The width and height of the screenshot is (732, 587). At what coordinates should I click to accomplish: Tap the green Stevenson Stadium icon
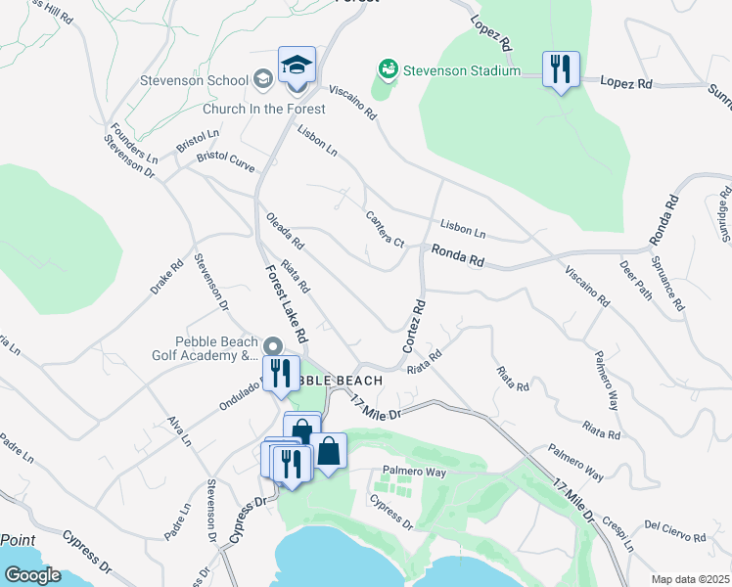pyautogui.click(x=388, y=69)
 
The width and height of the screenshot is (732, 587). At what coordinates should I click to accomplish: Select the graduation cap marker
pyautogui.click(x=296, y=67)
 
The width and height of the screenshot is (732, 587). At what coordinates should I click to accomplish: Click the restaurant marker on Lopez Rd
pyautogui.click(x=561, y=69)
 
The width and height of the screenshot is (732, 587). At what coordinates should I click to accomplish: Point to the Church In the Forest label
pyautogui.click(x=264, y=109)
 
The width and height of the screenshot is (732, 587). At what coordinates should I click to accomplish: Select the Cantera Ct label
pyautogui.click(x=385, y=228)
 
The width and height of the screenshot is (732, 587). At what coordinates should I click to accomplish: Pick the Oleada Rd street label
pyautogui.click(x=285, y=231)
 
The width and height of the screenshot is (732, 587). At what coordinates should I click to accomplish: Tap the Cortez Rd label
pyautogui.click(x=414, y=327)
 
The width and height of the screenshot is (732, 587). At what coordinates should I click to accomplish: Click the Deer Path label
pyautogui.click(x=635, y=279)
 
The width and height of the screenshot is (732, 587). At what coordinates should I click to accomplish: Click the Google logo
pyautogui.click(x=31, y=574)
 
